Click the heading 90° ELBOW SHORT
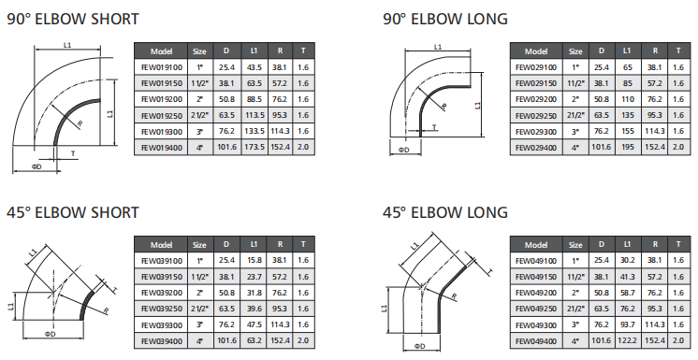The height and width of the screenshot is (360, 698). pos(73,19)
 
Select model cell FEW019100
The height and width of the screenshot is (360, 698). pos(162,67)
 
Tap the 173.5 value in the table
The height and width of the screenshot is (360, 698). pos(254,147)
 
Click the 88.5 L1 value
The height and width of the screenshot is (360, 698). pos(254,99)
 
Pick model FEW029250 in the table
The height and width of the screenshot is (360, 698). pos(536,116)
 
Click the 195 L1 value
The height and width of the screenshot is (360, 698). pos(627,147)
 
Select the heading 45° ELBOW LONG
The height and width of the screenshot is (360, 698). pos(445,212)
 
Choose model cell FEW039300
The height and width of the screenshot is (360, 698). pos(162,325)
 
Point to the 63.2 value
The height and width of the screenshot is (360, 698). pos(254,341)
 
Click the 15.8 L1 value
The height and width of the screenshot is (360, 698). pos(254,260)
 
